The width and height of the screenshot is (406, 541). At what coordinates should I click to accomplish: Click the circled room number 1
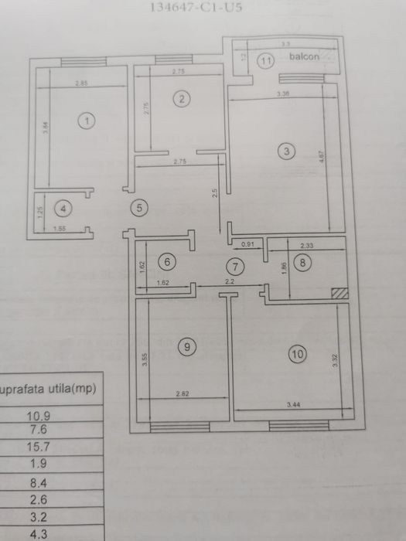[x=87, y=121]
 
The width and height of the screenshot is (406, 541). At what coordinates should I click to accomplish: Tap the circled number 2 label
[x=181, y=98]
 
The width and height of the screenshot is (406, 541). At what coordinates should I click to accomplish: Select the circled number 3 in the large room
[x=286, y=151]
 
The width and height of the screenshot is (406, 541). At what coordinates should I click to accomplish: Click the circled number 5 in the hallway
[x=138, y=207]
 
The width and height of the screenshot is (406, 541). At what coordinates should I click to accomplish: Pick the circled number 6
[x=170, y=261]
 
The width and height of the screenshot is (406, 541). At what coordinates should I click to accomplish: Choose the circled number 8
[x=303, y=263]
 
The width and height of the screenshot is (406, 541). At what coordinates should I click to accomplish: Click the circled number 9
[x=186, y=348]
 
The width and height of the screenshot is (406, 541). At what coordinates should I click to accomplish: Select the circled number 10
[x=297, y=355]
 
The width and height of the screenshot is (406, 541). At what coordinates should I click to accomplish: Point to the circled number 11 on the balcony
[x=265, y=60]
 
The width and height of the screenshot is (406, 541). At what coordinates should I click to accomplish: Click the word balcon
[x=305, y=57]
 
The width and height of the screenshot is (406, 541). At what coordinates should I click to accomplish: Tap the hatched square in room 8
[x=338, y=293]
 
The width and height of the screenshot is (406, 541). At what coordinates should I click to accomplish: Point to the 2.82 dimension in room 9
[x=183, y=394]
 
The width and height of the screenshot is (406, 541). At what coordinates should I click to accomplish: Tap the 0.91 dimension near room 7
[x=247, y=244]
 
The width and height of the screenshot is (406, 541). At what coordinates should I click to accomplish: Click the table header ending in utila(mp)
[x=49, y=389]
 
